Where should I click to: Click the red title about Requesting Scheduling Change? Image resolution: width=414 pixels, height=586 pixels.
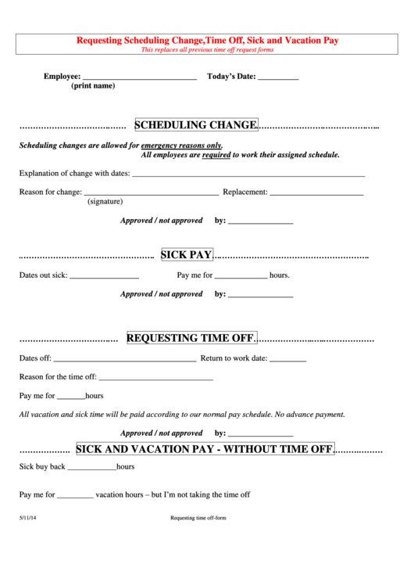207,39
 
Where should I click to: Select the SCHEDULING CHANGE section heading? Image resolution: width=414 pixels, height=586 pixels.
196,125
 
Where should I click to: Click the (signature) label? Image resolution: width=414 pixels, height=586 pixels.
105,202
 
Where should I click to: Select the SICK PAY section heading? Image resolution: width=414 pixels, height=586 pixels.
187,254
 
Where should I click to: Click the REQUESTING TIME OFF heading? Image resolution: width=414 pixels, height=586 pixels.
191,338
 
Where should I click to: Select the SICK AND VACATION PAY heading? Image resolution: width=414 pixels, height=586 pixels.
205,449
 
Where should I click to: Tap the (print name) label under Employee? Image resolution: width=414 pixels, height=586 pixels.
93,86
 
